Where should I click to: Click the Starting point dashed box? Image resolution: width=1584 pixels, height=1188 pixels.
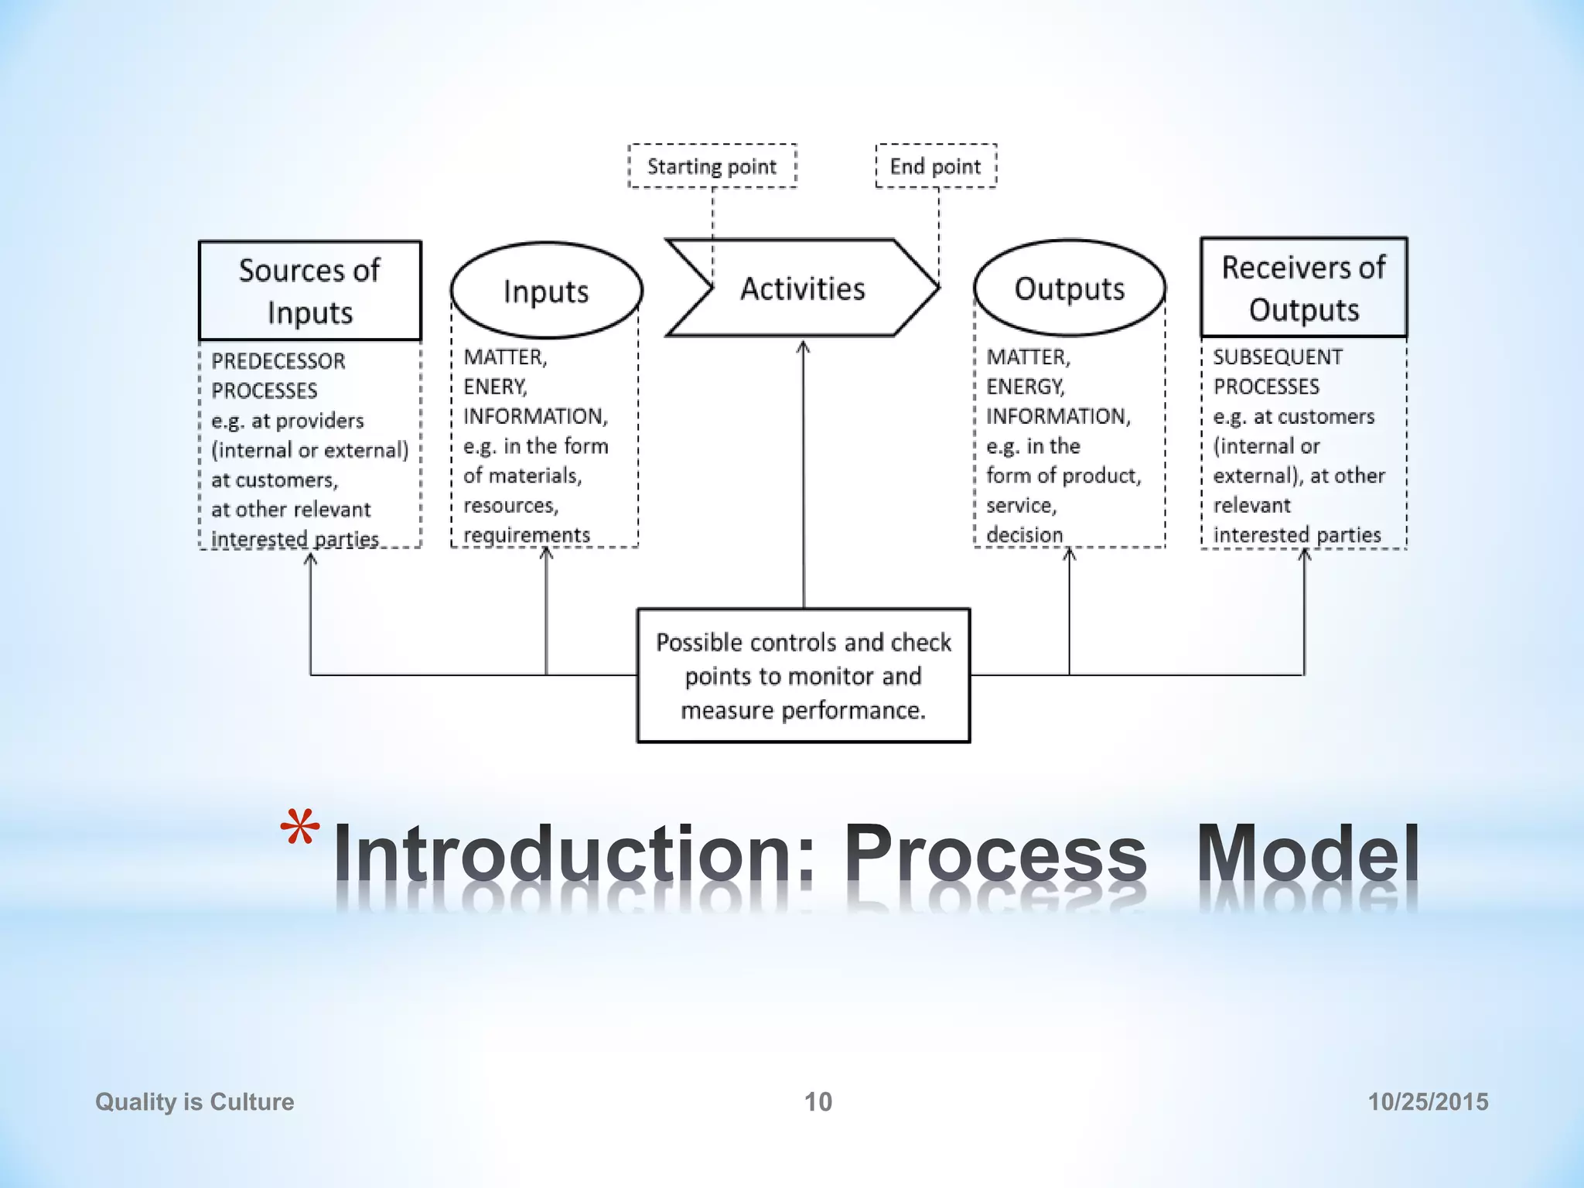[712, 166]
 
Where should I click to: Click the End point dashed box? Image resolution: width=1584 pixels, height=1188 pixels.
[936, 166]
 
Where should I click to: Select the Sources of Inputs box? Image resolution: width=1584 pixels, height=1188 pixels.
[309, 291]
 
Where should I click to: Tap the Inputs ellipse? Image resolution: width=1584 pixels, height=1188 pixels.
[546, 291]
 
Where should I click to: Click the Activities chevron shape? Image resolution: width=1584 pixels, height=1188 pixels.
[803, 288]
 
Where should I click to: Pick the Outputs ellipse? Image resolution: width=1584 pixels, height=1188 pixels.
[1070, 288]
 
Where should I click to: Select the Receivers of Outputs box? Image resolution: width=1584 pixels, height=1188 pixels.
[1304, 288]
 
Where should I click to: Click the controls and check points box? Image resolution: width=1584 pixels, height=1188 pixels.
[803, 676]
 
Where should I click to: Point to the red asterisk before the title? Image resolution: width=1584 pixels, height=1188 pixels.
[299, 830]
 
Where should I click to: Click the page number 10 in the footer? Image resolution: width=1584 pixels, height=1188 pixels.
[818, 1101]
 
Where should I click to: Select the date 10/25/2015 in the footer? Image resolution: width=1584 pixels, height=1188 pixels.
[1428, 1101]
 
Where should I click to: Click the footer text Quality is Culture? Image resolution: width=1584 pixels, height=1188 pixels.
[195, 1101]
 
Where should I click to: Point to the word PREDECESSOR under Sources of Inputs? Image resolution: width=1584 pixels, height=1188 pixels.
[278, 361]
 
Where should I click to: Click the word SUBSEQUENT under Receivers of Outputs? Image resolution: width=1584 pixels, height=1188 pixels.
[1278, 357]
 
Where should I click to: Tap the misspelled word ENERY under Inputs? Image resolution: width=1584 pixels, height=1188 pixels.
[495, 387]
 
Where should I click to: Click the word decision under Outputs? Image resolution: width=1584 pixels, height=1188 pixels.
[1025, 534]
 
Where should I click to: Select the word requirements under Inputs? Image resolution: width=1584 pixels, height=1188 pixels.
[527, 534]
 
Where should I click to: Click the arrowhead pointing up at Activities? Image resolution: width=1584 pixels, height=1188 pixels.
[804, 347]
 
